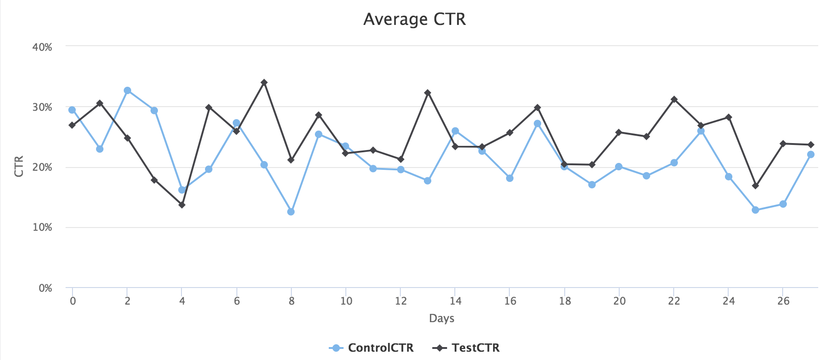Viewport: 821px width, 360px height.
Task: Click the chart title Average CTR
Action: click(x=414, y=19)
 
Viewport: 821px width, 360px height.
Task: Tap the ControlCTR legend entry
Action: click(x=372, y=348)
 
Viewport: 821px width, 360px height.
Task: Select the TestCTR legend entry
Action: click(x=466, y=348)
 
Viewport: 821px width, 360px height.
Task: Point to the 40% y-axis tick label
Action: click(x=42, y=47)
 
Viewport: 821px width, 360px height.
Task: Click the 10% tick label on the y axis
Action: click(x=42, y=228)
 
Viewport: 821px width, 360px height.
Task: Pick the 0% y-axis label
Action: click(x=45, y=288)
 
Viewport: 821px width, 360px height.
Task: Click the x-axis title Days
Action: click(x=441, y=318)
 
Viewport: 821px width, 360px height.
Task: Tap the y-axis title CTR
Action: click(x=19, y=167)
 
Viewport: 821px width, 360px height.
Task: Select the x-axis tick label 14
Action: click(x=455, y=301)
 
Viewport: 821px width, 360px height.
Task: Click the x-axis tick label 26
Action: click(x=783, y=301)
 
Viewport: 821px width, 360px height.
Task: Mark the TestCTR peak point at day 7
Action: click(x=264, y=83)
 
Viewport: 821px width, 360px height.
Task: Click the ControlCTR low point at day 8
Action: click(x=291, y=212)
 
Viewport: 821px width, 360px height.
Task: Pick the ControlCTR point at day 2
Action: click(x=127, y=90)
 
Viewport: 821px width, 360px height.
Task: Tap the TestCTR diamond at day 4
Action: click(x=182, y=205)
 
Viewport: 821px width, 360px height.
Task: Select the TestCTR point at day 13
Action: click(x=428, y=93)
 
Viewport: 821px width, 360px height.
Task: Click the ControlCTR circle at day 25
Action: click(x=755, y=210)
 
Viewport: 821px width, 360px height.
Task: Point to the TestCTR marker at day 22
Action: click(x=674, y=99)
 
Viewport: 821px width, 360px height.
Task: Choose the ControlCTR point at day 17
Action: click(x=537, y=124)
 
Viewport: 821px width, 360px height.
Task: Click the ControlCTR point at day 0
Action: click(x=72, y=110)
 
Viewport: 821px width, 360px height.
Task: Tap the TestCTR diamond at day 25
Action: click(x=755, y=186)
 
